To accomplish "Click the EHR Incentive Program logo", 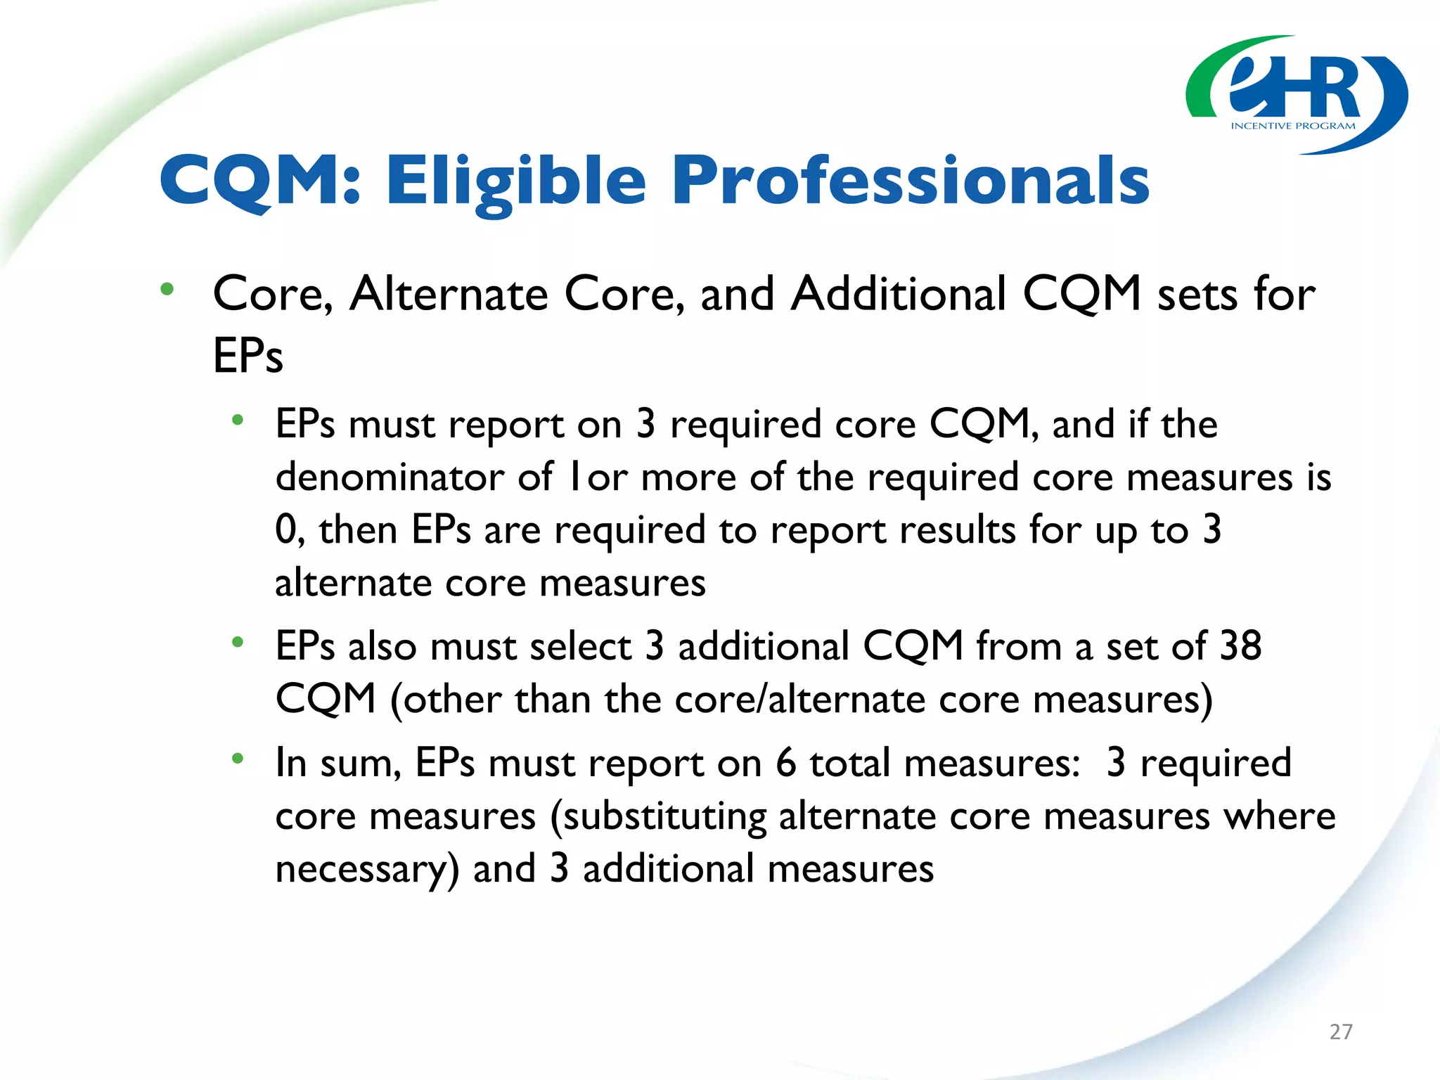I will tap(1296, 95).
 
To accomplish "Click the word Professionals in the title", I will tap(911, 181).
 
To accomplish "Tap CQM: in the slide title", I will tap(260, 181).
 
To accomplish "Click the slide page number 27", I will tap(1341, 1031).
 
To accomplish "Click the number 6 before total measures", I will tap(785, 762).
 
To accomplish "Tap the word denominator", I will tap(390, 477).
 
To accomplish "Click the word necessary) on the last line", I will tap(367, 870).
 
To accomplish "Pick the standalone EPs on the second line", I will tap(247, 356).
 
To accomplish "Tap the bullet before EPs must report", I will tap(238, 420).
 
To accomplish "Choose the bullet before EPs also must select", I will tap(238, 641).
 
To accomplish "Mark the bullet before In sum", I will tap(238, 758).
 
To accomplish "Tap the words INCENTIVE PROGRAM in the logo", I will tap(1293, 126).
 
